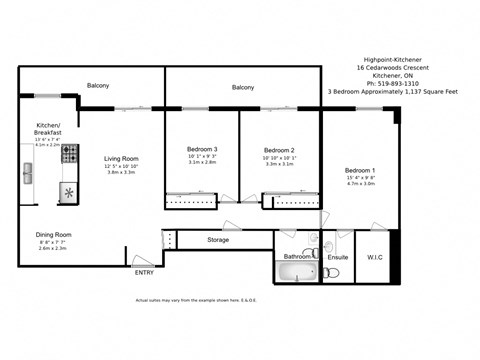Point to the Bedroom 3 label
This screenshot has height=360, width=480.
202,149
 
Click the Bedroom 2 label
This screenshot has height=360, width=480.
279,149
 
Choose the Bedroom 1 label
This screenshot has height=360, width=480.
360,169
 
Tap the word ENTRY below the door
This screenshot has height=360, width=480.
144,272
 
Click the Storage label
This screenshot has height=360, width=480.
218,240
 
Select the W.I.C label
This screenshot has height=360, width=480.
375,257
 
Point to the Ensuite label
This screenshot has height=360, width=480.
338,257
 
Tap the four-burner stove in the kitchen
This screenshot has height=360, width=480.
70,154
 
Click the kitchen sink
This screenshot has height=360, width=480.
28,173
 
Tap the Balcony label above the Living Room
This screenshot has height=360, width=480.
97,85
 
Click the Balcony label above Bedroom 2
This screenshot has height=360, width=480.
243,88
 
